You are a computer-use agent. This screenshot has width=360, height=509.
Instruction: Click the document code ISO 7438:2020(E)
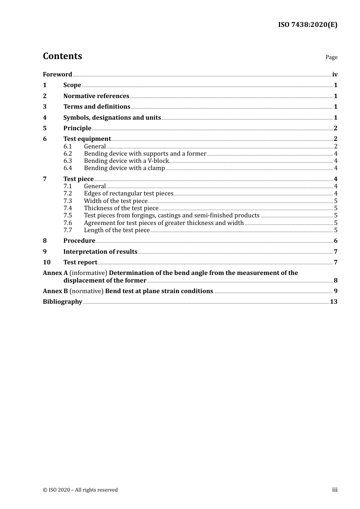click(308, 25)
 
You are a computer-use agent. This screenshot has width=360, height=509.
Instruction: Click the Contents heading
click(62, 56)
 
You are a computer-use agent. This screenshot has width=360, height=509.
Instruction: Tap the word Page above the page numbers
click(331, 57)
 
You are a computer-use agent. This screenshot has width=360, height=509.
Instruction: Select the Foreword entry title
click(57, 75)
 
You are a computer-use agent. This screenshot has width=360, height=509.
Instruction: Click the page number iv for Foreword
click(335, 75)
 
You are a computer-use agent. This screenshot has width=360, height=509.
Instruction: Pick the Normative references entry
click(96, 96)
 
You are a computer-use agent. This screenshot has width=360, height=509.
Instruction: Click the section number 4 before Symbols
click(45, 118)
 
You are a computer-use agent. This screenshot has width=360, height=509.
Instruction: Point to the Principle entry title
click(77, 128)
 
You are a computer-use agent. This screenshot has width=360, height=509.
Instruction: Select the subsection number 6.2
click(67, 154)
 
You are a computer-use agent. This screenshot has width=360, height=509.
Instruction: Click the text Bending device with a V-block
click(126, 161)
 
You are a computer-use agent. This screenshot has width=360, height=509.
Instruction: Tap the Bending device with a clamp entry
click(124, 168)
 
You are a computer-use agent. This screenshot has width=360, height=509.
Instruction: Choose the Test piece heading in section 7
click(78, 179)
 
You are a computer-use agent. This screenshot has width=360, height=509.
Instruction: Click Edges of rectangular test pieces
click(128, 194)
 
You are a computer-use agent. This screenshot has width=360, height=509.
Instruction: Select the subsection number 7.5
click(67, 215)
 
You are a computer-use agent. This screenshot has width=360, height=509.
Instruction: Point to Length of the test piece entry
click(117, 230)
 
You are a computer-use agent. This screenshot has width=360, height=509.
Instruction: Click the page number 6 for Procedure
click(335, 241)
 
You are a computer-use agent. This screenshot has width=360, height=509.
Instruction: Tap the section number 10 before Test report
click(47, 262)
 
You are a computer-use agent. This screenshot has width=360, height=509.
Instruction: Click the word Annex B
click(55, 291)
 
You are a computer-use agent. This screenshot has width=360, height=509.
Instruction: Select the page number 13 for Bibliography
click(333, 302)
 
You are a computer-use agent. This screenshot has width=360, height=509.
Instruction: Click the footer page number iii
click(335, 490)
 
